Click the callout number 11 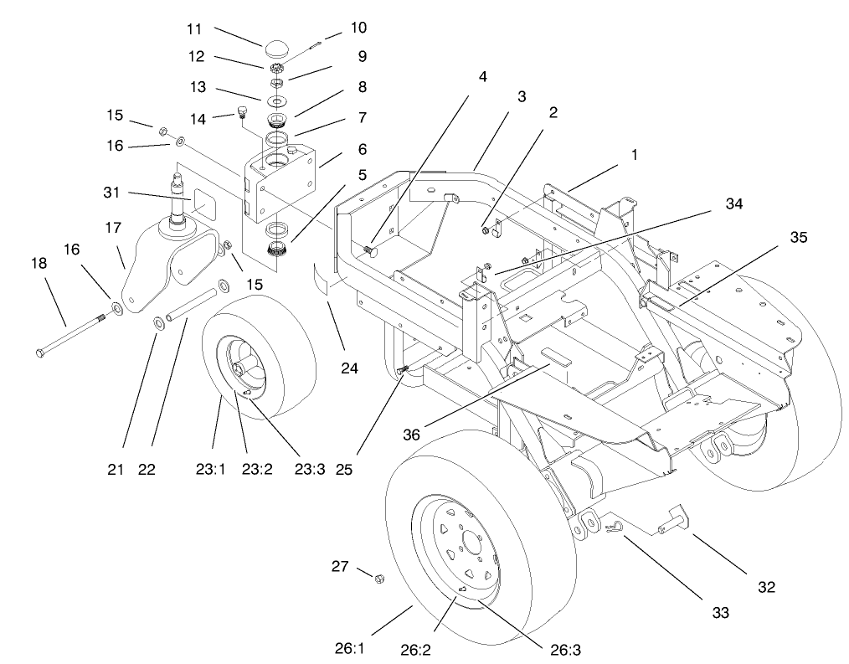(x=194, y=28)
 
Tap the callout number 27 (x=340, y=567)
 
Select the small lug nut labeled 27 (x=378, y=578)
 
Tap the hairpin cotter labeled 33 (x=613, y=527)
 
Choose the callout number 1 (x=633, y=157)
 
